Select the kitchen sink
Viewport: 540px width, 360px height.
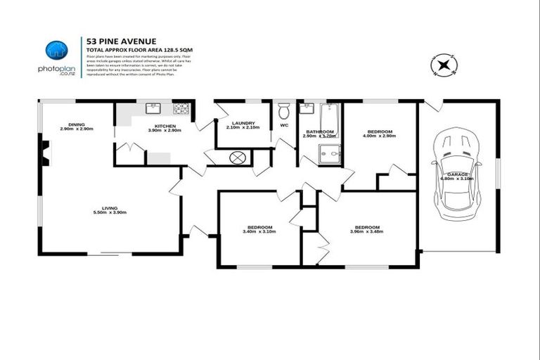coord(152,108)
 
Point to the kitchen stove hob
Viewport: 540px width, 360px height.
coord(181,108)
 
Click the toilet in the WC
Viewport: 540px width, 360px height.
coord(284,111)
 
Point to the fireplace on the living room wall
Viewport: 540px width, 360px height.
coord(44,153)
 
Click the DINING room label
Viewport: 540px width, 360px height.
coord(76,124)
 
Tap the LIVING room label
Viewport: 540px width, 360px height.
coord(109,207)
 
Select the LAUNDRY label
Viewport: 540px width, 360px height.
coord(243,122)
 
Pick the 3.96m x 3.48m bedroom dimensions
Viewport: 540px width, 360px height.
coord(367,231)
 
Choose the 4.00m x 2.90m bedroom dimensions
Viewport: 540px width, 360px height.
coord(380,136)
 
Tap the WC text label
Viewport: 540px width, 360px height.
coord(284,125)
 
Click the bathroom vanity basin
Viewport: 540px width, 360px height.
coord(307,108)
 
